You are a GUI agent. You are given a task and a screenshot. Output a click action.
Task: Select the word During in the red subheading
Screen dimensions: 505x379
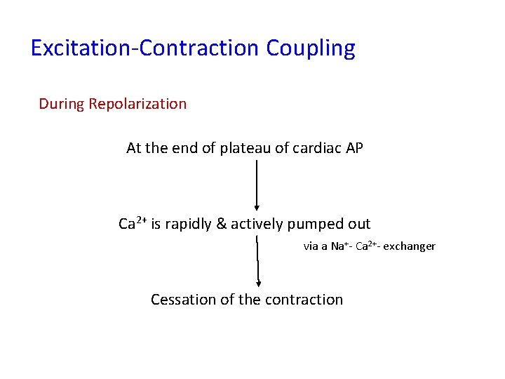tap(61, 104)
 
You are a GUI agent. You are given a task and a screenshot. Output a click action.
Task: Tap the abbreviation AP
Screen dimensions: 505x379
tap(354, 148)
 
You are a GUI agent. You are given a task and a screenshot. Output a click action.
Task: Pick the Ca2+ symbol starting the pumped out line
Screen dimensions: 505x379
tap(132, 224)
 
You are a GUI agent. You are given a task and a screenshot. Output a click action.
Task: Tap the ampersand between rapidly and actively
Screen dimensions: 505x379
tap(222, 224)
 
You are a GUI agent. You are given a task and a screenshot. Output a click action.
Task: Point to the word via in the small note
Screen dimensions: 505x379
tap(311, 246)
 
